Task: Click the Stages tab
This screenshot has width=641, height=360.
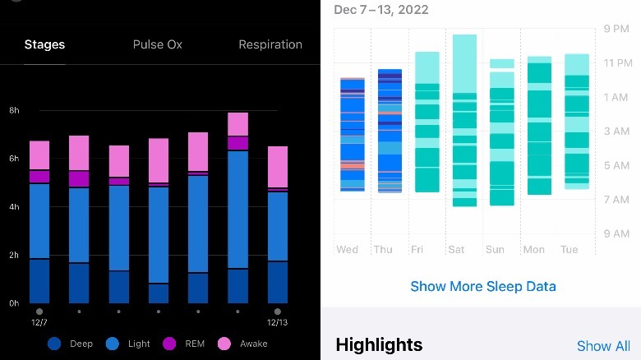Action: (x=44, y=44)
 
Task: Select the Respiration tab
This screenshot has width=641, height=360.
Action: (x=270, y=44)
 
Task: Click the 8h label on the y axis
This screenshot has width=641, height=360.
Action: (x=14, y=110)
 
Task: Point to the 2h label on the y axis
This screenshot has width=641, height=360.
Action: (x=14, y=256)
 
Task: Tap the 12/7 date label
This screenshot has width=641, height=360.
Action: (x=39, y=323)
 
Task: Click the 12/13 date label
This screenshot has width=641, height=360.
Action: (x=278, y=323)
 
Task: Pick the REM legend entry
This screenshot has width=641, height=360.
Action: (x=187, y=344)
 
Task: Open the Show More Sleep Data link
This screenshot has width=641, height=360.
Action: (x=483, y=286)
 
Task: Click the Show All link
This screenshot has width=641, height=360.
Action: (x=603, y=346)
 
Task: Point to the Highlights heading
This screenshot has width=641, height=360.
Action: (x=379, y=345)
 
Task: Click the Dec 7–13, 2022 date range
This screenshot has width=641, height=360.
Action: (x=381, y=10)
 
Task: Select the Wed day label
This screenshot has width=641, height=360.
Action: (x=348, y=249)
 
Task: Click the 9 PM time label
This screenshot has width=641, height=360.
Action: (x=616, y=29)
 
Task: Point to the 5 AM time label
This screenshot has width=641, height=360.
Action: (x=616, y=165)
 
